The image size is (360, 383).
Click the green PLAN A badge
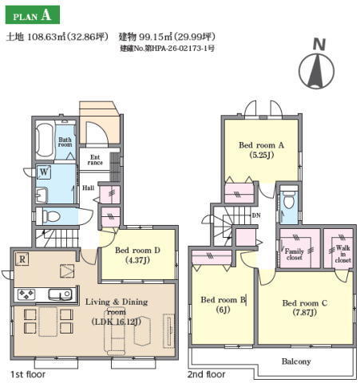click(x=33, y=15)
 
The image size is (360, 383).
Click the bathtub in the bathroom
click(x=44, y=140)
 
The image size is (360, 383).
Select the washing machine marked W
click(x=44, y=172)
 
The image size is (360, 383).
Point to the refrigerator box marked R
click(x=22, y=259)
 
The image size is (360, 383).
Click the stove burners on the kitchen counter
click(x=26, y=294)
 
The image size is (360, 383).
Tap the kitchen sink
click(x=60, y=294)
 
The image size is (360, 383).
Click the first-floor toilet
click(x=51, y=216)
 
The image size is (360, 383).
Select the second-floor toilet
click(x=288, y=200)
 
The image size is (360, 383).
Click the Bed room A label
click(x=261, y=145)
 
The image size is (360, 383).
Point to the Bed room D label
click(x=137, y=251)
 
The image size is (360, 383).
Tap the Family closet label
click(x=295, y=255)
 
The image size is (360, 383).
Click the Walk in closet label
click(x=342, y=254)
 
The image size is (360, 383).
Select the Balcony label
click(x=296, y=361)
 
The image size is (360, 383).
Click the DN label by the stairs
click(x=256, y=215)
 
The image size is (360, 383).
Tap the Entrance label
click(x=95, y=160)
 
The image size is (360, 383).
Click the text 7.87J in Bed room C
click(x=305, y=312)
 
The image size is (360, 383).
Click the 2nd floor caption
click(x=206, y=374)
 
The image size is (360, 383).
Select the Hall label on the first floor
click(x=89, y=188)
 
